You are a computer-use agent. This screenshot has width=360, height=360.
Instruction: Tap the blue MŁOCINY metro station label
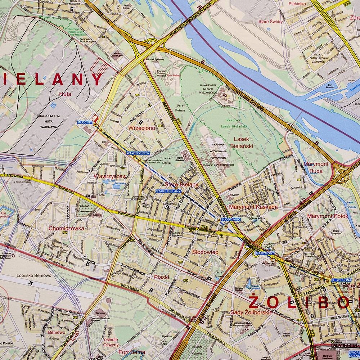(x=85, y=122)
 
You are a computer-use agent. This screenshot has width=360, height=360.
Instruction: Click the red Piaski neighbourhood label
(x=161, y=277)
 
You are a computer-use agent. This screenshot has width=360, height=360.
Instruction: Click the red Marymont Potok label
(x=328, y=216)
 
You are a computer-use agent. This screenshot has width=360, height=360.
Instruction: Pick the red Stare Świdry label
(x=271, y=22)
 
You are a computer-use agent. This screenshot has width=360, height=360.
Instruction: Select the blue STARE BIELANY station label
(x=168, y=191)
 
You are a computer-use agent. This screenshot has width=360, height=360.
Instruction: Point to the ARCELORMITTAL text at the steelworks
(x=49, y=116)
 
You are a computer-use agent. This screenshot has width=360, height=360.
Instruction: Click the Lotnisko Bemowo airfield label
(x=34, y=275)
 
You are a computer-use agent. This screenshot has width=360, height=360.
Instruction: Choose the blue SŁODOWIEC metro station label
(x=228, y=219)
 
